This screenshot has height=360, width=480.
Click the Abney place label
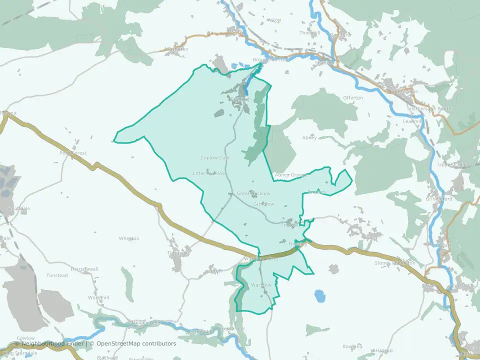(309, 137)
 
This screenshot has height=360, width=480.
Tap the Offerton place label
(353, 97)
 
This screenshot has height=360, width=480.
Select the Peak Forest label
(73, 153)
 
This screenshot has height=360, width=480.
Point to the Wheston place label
(129, 238)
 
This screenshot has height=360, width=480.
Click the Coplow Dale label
(215, 158)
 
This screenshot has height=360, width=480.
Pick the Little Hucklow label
(209, 173)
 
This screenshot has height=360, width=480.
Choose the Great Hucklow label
(253, 193)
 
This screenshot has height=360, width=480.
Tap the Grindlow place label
(263, 204)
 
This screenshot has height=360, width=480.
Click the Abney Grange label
(290, 175)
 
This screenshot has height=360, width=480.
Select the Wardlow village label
(261, 285)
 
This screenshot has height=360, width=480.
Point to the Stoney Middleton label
(395, 263)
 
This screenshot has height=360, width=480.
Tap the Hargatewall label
(84, 269)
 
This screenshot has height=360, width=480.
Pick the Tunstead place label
(57, 275)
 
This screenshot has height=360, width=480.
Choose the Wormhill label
(98, 297)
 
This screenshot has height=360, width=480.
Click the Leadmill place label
(413, 121)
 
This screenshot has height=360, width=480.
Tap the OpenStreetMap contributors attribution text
(135, 343)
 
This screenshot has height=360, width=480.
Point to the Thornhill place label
(309, 33)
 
